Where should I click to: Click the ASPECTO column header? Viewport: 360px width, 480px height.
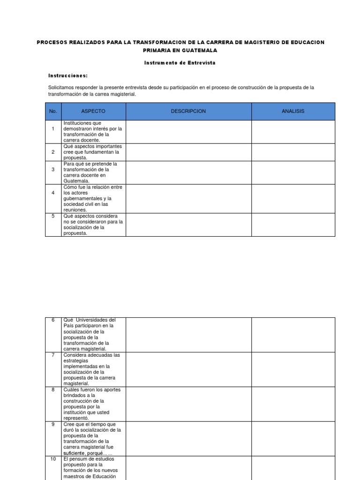[x=93, y=111]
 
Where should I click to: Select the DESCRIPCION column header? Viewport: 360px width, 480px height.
[x=188, y=111]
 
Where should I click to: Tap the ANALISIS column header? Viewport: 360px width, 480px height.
[x=293, y=111]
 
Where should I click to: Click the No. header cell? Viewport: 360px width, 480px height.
[x=53, y=111]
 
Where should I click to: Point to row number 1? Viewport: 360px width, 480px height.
[x=53, y=129]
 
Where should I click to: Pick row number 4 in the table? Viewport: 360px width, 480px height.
[x=53, y=193]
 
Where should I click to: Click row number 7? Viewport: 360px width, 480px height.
[x=53, y=355]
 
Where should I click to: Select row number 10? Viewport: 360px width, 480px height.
[x=53, y=459]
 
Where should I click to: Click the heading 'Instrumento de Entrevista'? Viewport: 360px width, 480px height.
[x=180, y=63]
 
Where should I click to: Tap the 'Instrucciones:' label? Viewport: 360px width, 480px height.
[x=68, y=75]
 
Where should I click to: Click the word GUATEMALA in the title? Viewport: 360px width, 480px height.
[x=199, y=51]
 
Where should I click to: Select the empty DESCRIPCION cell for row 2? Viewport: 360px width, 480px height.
[x=188, y=152]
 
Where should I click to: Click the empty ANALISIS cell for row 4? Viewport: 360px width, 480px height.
[x=293, y=198]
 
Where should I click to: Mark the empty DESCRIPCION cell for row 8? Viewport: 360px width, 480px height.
[x=188, y=404]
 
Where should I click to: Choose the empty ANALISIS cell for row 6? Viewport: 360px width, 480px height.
[x=293, y=334]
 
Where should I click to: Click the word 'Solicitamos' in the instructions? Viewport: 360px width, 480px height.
[x=61, y=88]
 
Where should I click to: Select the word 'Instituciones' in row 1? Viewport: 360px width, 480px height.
[x=78, y=123]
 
